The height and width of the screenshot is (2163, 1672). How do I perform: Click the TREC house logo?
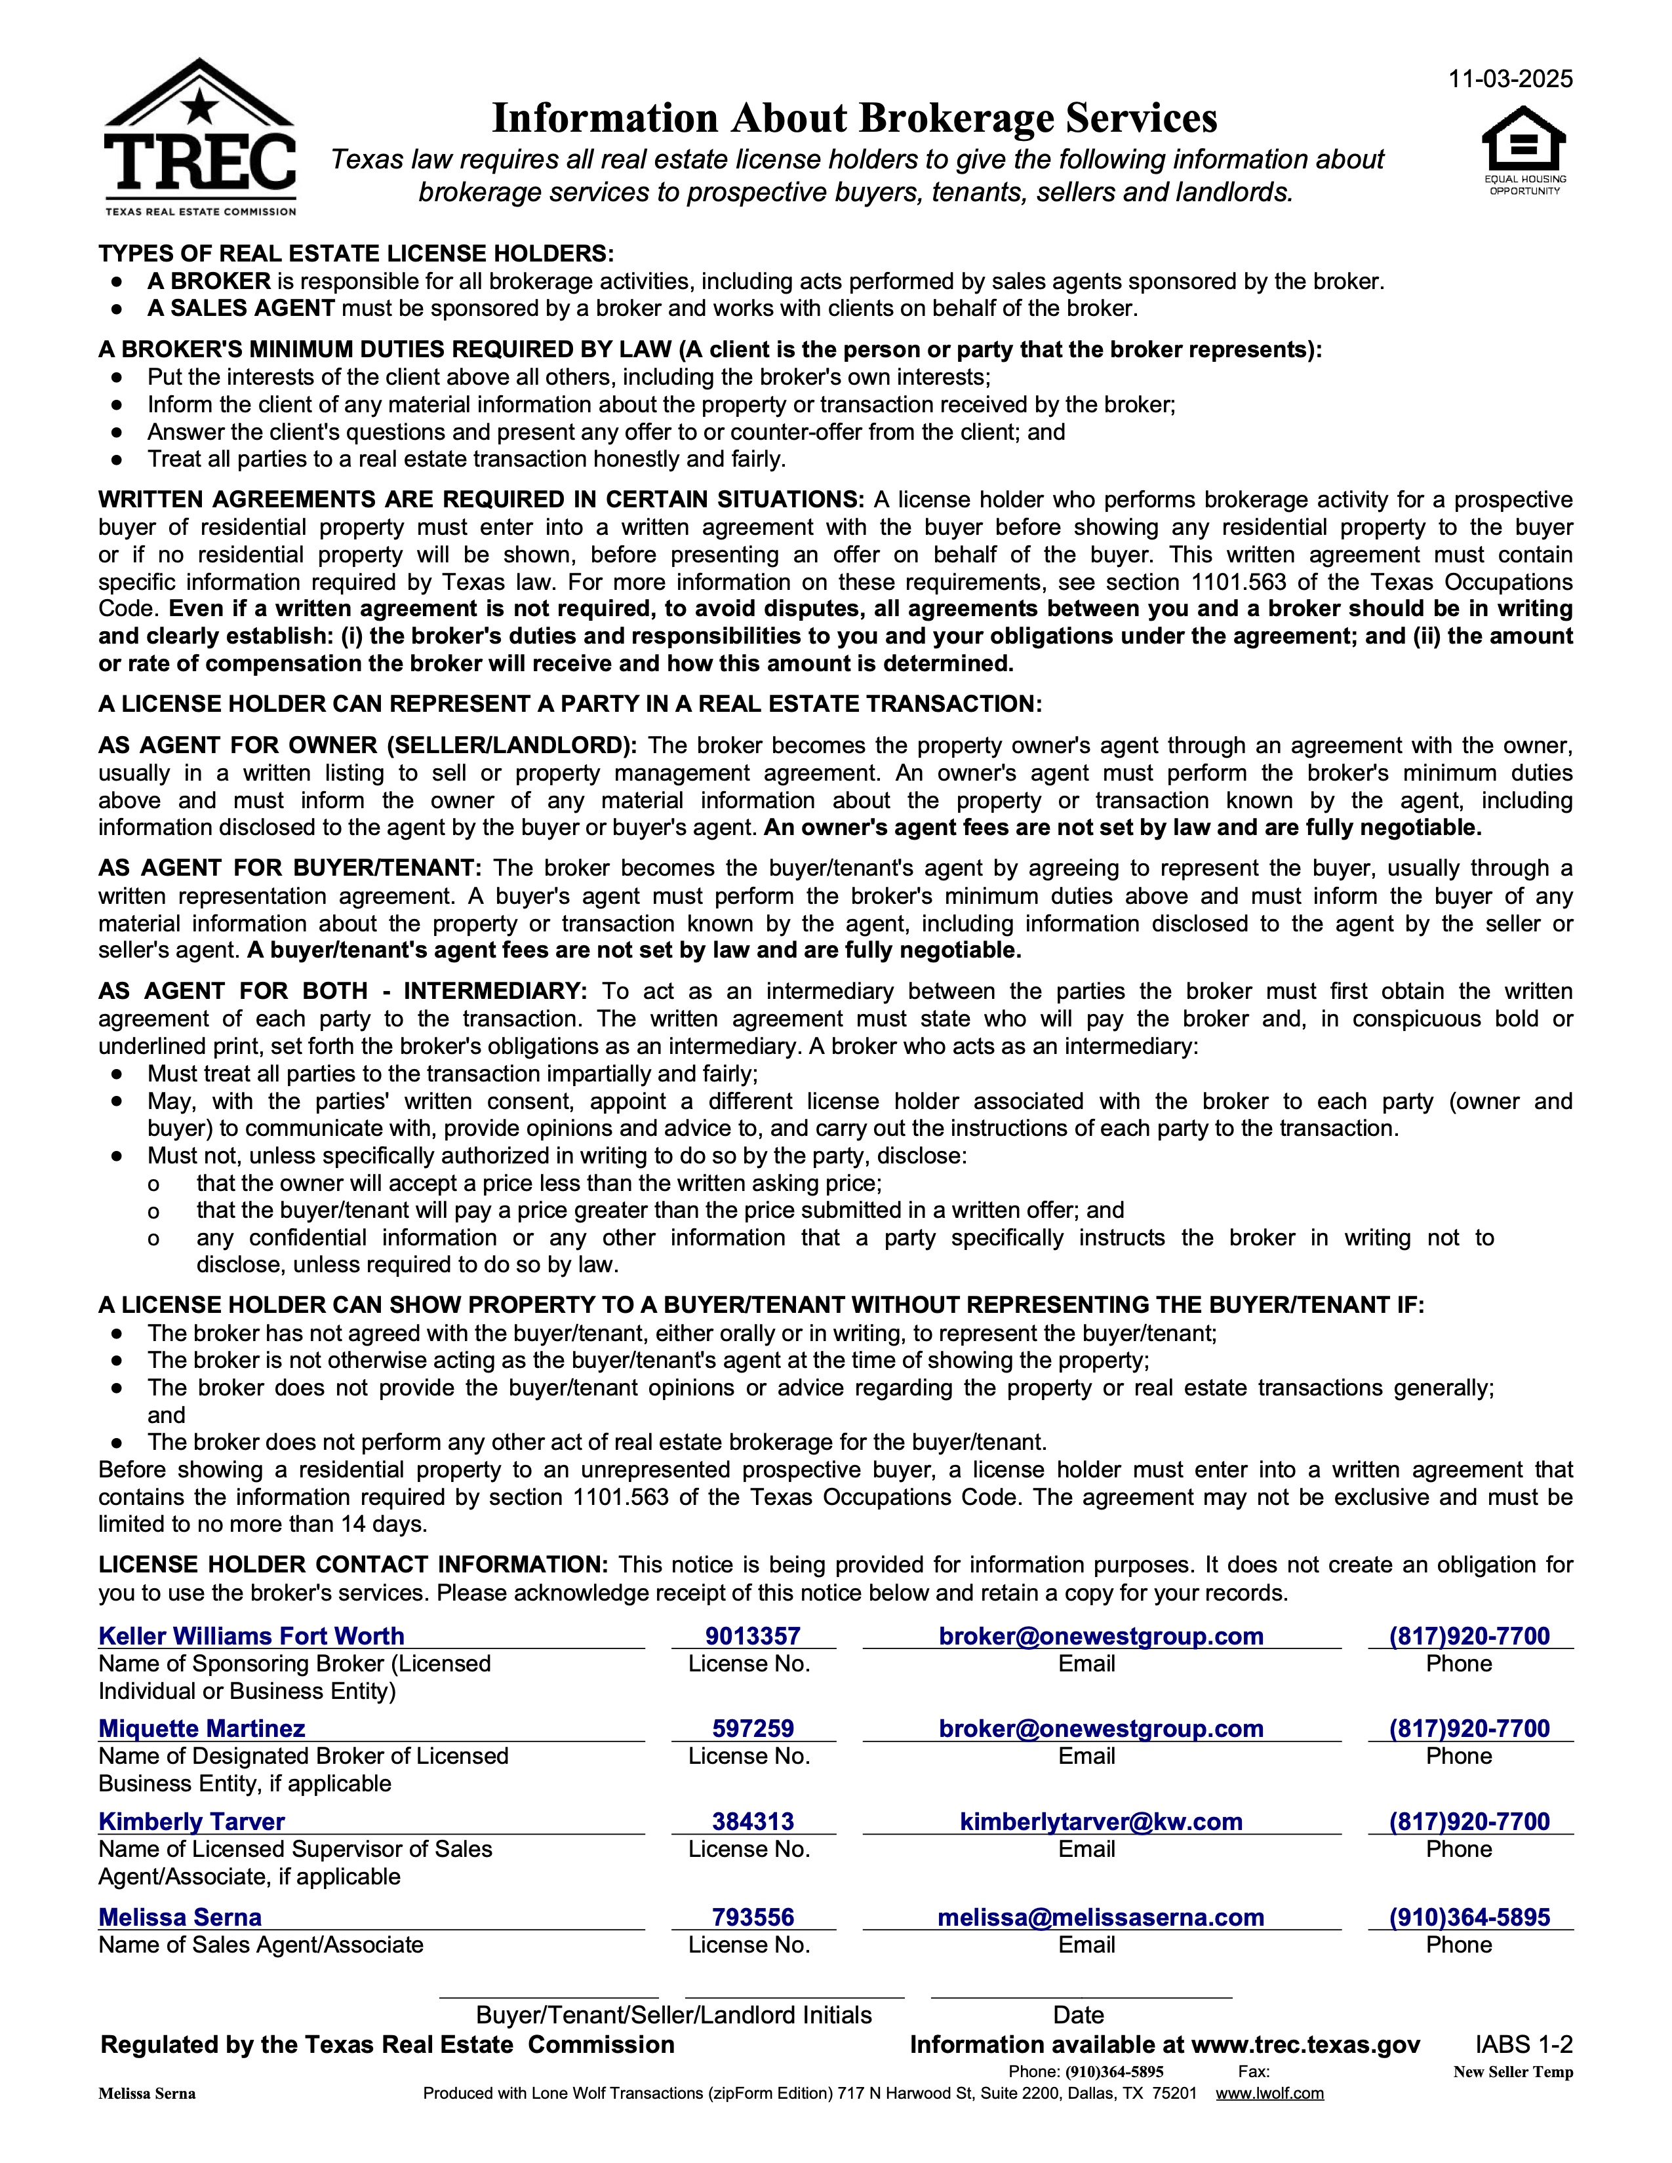(199, 136)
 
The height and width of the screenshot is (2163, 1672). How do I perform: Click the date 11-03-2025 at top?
(1509, 79)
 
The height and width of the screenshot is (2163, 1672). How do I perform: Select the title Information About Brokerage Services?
(854, 118)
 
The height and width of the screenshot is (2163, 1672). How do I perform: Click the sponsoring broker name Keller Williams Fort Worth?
(252, 1636)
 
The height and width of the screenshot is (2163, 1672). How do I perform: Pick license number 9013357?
(753, 1636)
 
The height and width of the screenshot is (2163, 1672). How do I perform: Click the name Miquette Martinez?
(202, 1728)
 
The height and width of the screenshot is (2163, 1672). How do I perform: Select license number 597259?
(753, 1728)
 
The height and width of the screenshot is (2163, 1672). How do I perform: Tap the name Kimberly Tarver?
(191, 1822)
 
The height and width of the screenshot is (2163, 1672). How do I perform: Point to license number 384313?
(753, 1822)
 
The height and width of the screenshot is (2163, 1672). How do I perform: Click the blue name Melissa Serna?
(180, 1917)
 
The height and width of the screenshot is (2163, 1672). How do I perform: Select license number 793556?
(753, 1917)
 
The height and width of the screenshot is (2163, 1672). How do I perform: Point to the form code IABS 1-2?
(1523, 2044)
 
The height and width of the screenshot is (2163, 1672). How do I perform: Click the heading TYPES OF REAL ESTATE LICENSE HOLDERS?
(355, 254)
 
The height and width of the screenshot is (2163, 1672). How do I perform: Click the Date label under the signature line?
(1079, 2014)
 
